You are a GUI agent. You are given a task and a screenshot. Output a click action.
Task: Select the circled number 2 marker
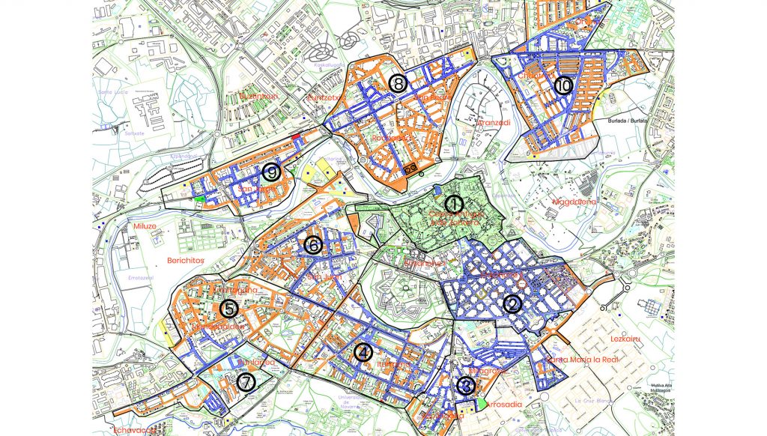(512, 304)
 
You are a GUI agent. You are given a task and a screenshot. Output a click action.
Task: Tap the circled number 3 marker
(465, 386)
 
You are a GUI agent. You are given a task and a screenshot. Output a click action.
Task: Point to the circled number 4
(363, 352)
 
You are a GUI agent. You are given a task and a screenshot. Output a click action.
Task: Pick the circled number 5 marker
(228, 307)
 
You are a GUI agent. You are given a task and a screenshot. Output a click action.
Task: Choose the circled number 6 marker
(313, 244)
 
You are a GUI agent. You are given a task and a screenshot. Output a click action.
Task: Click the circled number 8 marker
(397, 83)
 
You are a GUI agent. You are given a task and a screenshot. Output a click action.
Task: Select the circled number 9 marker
(271, 173)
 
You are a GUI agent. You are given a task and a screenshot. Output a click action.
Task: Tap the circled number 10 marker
(563, 86)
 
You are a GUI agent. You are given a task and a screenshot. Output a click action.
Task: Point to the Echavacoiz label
(133, 430)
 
